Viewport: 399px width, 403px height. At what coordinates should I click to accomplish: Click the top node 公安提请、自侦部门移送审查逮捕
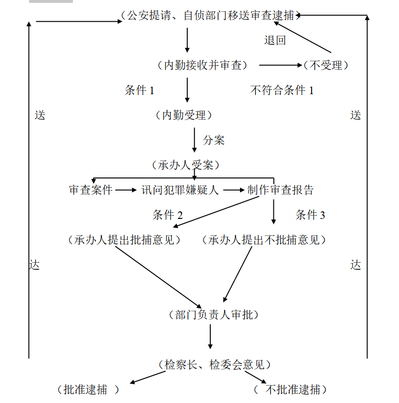click(210, 16)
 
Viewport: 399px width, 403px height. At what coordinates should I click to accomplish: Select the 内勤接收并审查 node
click(202, 65)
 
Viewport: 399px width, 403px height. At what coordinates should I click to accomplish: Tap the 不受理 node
click(326, 65)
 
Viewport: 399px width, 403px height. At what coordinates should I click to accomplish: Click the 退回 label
click(275, 40)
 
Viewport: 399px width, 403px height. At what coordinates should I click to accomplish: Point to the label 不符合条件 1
click(282, 90)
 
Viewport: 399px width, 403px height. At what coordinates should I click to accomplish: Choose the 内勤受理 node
click(184, 115)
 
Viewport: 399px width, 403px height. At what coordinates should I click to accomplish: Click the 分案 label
click(214, 140)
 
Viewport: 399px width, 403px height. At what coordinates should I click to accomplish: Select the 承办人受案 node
click(185, 165)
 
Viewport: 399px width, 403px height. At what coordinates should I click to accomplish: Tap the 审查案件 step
click(91, 190)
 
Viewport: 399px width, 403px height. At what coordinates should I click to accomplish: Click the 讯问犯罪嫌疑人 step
click(180, 190)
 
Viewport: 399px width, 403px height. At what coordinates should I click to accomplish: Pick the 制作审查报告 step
click(280, 190)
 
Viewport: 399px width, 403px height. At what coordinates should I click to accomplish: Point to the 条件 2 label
click(168, 215)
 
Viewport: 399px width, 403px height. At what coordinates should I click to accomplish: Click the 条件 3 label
click(310, 215)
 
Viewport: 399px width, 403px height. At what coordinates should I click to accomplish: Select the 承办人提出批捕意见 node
click(124, 240)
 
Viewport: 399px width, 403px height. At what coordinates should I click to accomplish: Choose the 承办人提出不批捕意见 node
click(264, 240)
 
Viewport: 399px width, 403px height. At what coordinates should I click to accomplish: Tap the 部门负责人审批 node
click(214, 315)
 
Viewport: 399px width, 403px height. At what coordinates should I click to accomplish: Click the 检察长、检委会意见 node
click(215, 365)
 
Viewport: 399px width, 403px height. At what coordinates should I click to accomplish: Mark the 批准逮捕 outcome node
click(88, 390)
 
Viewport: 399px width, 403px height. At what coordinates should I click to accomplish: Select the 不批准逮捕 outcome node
click(290, 390)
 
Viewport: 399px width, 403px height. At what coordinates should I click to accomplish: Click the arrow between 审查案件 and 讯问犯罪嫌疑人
click(126, 190)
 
